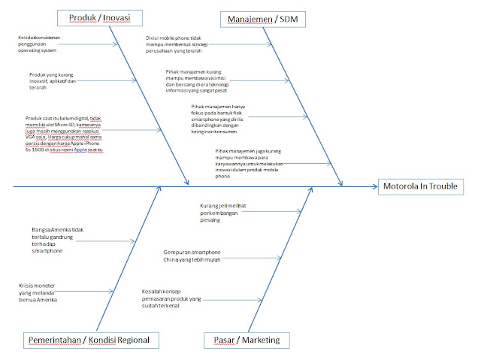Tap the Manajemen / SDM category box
(262, 17)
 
